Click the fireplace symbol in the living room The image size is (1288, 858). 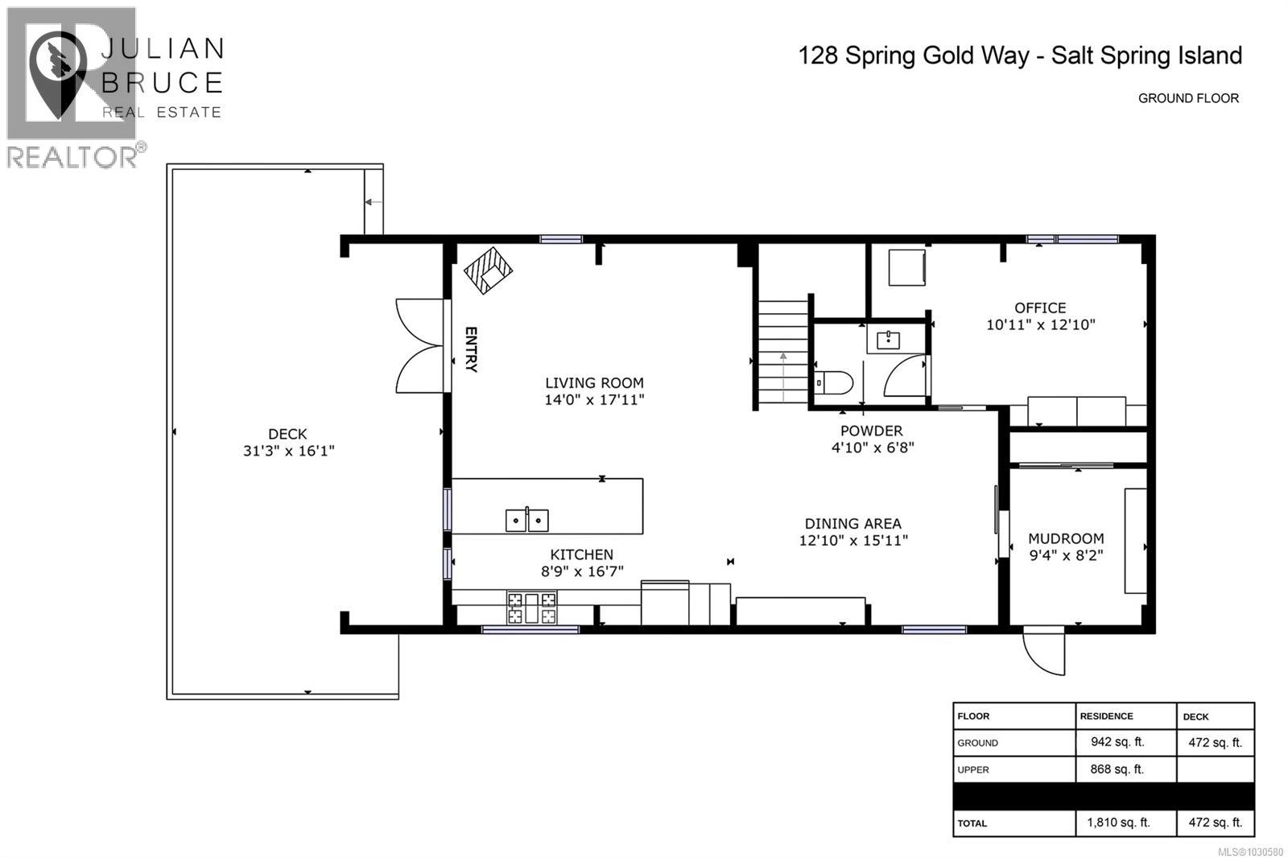click(489, 270)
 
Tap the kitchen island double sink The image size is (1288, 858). click(527, 520)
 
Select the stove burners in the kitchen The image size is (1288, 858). click(531, 608)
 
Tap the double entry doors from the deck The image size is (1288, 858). click(420, 346)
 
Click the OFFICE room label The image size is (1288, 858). click(1040, 307)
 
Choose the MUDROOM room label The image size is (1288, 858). click(1066, 538)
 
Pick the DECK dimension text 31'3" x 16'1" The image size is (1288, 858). click(288, 451)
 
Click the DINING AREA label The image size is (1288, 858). click(852, 523)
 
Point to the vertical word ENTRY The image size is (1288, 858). click(472, 349)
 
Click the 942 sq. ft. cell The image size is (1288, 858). click(1117, 742)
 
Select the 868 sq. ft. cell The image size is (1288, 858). click(1117, 769)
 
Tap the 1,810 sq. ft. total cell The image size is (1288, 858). click(1118, 823)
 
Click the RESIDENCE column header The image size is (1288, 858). click(1106, 716)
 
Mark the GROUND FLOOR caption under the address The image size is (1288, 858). click(1187, 98)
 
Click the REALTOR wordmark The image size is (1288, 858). click(72, 156)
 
